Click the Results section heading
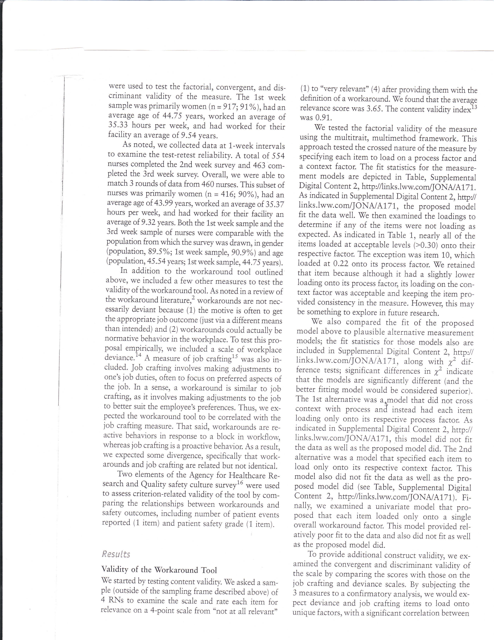point(116,554)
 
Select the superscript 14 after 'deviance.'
point(138,355)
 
